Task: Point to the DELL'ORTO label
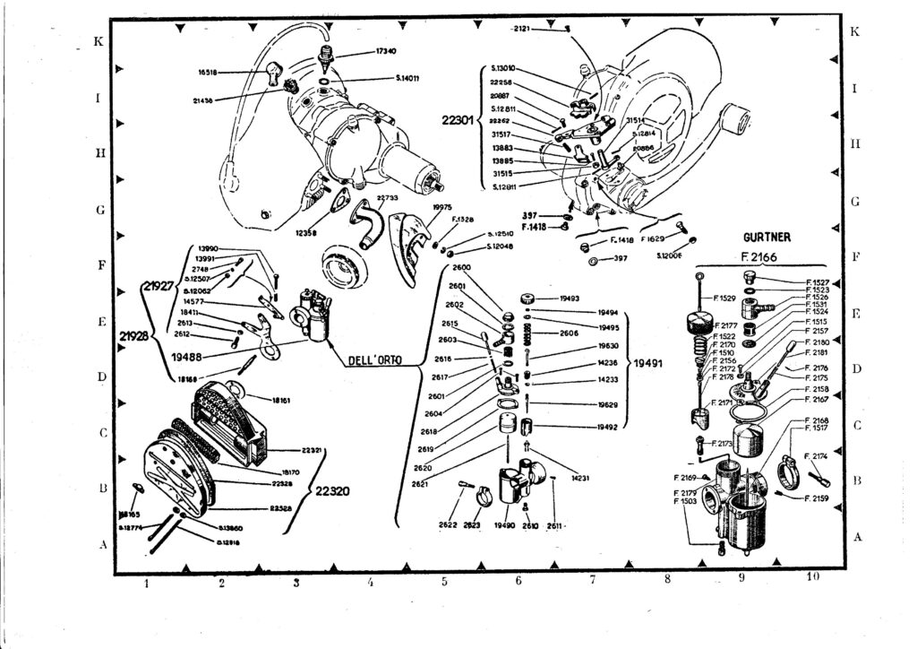(374, 359)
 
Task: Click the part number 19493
(569, 298)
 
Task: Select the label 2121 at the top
(522, 29)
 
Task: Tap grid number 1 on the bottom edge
(146, 584)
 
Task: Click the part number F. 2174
(818, 455)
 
